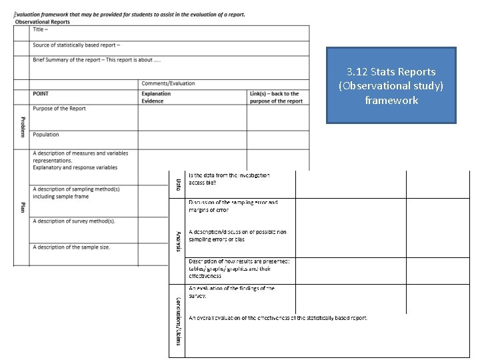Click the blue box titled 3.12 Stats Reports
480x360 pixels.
click(391, 85)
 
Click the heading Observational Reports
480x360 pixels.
click(42, 22)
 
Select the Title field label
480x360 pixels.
click(39, 29)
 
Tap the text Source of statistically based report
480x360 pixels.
click(76, 45)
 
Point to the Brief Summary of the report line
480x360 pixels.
click(97, 60)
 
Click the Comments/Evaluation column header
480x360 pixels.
click(169, 83)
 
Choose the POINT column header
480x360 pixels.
click(42, 94)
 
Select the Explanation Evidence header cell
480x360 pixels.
click(157, 97)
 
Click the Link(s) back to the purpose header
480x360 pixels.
click(276, 97)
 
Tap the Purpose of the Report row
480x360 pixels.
click(59, 109)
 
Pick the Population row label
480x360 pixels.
click(46, 135)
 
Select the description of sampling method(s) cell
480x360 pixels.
click(76, 193)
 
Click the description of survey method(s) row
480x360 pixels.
click(74, 221)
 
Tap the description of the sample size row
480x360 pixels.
click(72, 247)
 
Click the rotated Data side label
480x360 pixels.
click(178, 183)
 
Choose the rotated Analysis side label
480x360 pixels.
click(178, 241)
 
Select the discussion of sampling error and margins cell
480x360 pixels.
click(233, 205)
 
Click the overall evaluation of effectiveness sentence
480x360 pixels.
click(278, 318)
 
